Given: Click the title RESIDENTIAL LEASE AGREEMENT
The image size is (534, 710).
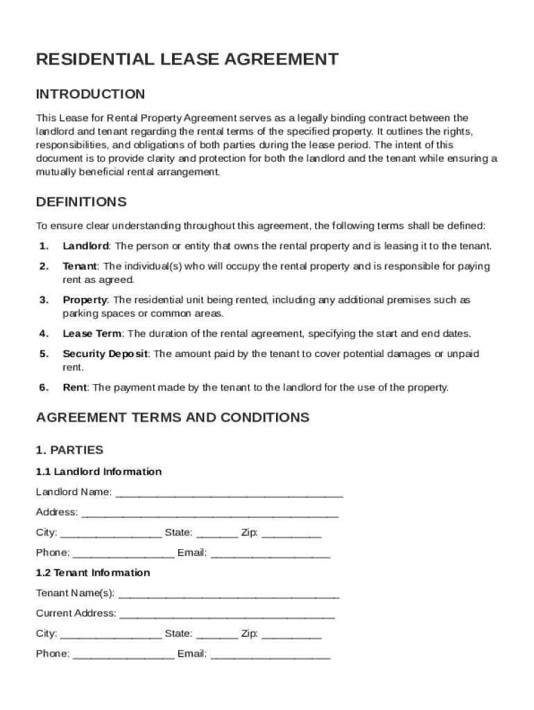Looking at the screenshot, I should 187,60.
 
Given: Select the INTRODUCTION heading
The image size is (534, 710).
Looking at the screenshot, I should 90,94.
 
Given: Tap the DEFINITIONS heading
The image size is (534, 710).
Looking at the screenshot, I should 81,202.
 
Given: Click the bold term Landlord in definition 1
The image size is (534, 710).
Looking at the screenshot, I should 85,246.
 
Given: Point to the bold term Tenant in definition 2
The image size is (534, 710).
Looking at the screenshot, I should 80,266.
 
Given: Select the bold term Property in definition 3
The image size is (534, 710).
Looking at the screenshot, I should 85,300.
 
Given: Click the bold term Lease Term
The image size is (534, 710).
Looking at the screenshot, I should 92,334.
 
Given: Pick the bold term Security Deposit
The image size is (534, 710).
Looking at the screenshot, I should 105,354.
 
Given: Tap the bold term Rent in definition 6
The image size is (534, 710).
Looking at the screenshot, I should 75,388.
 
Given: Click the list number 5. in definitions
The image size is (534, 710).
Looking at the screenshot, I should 44,354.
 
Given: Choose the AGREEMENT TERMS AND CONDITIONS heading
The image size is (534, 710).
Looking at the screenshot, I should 173,417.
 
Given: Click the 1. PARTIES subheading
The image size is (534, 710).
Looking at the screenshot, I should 69,450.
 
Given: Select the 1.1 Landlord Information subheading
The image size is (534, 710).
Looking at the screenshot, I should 98,471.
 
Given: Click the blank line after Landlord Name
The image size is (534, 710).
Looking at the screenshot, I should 229,494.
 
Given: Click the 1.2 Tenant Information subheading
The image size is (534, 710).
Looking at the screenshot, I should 93,573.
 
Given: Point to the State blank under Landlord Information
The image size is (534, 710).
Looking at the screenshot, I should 217,534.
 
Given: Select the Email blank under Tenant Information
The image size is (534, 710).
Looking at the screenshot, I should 270,655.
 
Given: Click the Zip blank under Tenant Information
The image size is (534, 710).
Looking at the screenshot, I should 292,635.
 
